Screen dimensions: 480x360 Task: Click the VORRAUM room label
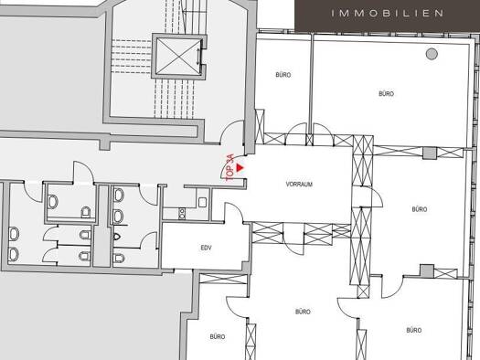299,185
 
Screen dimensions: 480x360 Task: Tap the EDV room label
206,248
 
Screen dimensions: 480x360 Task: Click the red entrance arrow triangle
240,168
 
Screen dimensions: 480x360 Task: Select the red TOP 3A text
229,167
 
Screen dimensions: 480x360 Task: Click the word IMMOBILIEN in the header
388,13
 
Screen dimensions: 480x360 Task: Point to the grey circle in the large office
432,54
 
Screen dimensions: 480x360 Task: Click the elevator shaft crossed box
177,57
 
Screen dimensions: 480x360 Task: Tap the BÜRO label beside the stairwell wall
283,75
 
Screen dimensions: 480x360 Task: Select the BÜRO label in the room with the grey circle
387,93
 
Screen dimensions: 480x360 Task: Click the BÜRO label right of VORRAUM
420,209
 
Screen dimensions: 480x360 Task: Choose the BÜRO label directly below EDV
218,336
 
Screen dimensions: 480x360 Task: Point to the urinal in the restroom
117,237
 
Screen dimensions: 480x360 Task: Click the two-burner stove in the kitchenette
182,213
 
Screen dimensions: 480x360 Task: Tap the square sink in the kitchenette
202,202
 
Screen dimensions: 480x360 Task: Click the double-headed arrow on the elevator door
198,57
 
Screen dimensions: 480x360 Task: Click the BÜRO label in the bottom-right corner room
414,331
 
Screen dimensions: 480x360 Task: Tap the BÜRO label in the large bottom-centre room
303,312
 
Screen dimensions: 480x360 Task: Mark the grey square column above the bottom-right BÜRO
427,271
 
